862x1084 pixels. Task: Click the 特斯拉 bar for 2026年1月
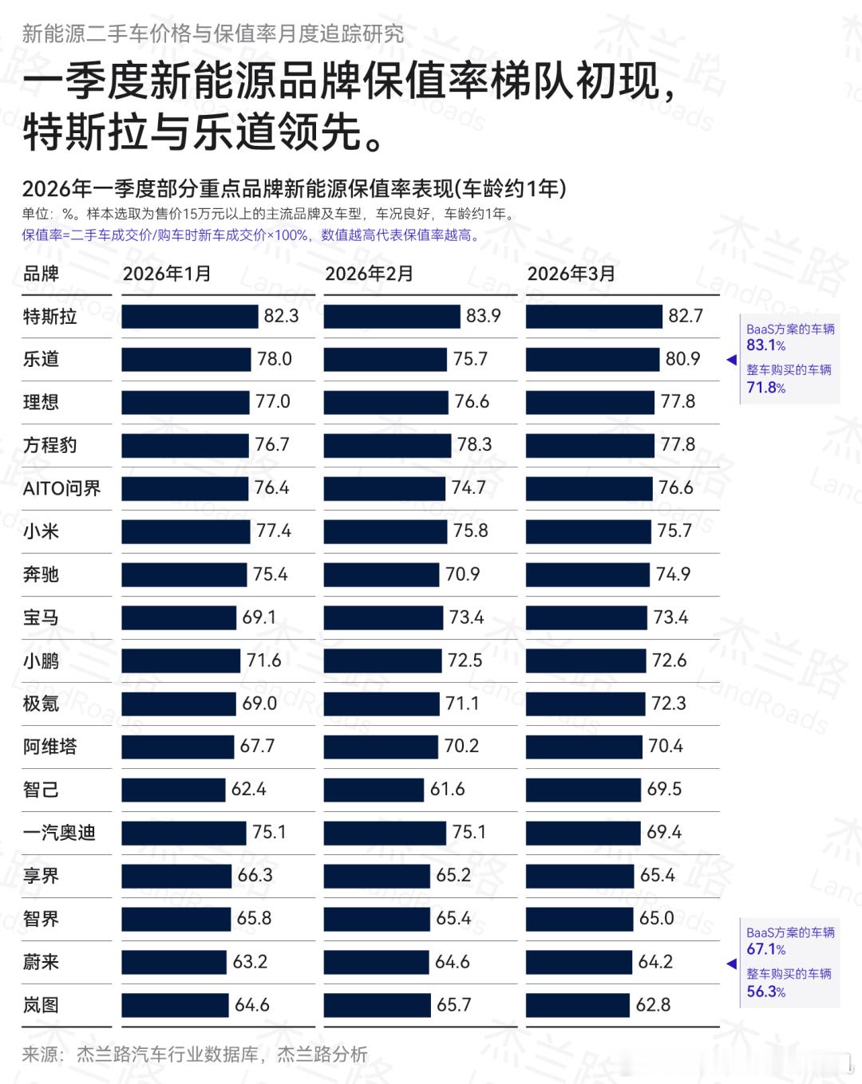(190, 317)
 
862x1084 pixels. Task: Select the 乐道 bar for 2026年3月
(592, 359)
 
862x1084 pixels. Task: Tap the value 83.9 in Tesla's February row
(484, 316)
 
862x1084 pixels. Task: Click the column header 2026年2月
(369, 274)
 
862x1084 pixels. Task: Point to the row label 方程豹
(49, 445)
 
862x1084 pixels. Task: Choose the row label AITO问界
(61, 488)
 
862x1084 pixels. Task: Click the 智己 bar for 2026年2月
(374, 790)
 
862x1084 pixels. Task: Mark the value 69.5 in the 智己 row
(664, 789)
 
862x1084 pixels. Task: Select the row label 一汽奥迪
(59, 833)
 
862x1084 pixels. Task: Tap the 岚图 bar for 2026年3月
(578, 1005)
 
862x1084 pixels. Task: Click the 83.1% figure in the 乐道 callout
(765, 345)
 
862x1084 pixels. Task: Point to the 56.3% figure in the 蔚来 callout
(765, 991)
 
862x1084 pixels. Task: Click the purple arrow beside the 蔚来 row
(731, 964)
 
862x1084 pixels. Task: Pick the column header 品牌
(41, 274)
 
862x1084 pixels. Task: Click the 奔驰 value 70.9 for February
(462, 574)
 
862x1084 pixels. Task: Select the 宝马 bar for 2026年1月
(180, 617)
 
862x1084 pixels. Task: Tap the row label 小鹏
(41, 660)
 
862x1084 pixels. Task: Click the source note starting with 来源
(195, 1054)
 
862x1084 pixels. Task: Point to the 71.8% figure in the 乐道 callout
(765, 388)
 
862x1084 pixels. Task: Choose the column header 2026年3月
(571, 274)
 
